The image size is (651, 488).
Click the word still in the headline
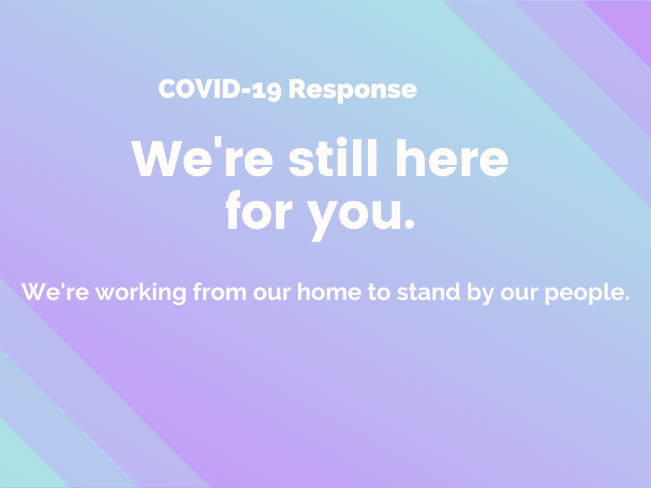pyautogui.click(x=333, y=156)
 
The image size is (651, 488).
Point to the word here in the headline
pyautogui.click(x=453, y=158)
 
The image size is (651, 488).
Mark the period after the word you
pyautogui.click(x=409, y=224)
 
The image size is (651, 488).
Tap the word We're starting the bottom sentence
pyautogui.click(x=55, y=292)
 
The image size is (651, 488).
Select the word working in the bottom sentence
pyautogui.click(x=140, y=293)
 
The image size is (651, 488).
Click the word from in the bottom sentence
pyautogui.click(x=219, y=292)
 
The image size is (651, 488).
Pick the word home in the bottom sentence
pyautogui.click(x=329, y=292)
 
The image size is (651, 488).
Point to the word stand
pyautogui.click(x=428, y=292)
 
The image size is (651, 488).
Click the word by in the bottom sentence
pyautogui.click(x=481, y=294)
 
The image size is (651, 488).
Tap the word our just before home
pyautogui.click(x=272, y=294)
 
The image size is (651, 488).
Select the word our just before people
pyautogui.click(x=519, y=294)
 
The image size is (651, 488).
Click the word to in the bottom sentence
pyautogui.click(x=379, y=292)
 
